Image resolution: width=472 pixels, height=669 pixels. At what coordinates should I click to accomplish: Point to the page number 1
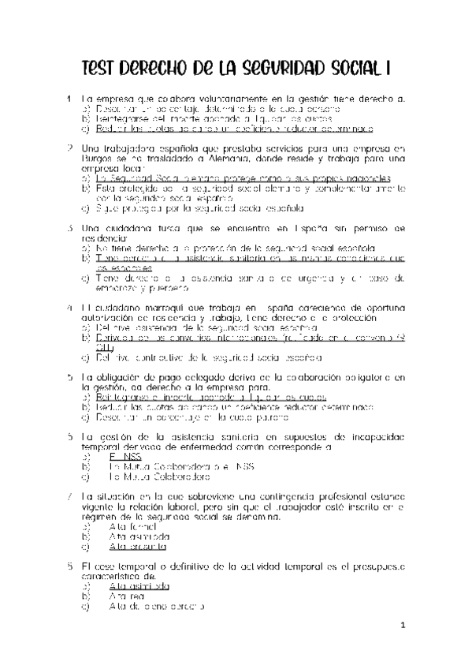tap(402, 626)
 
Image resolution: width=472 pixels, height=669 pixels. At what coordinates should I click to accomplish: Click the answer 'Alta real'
tap(128, 597)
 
